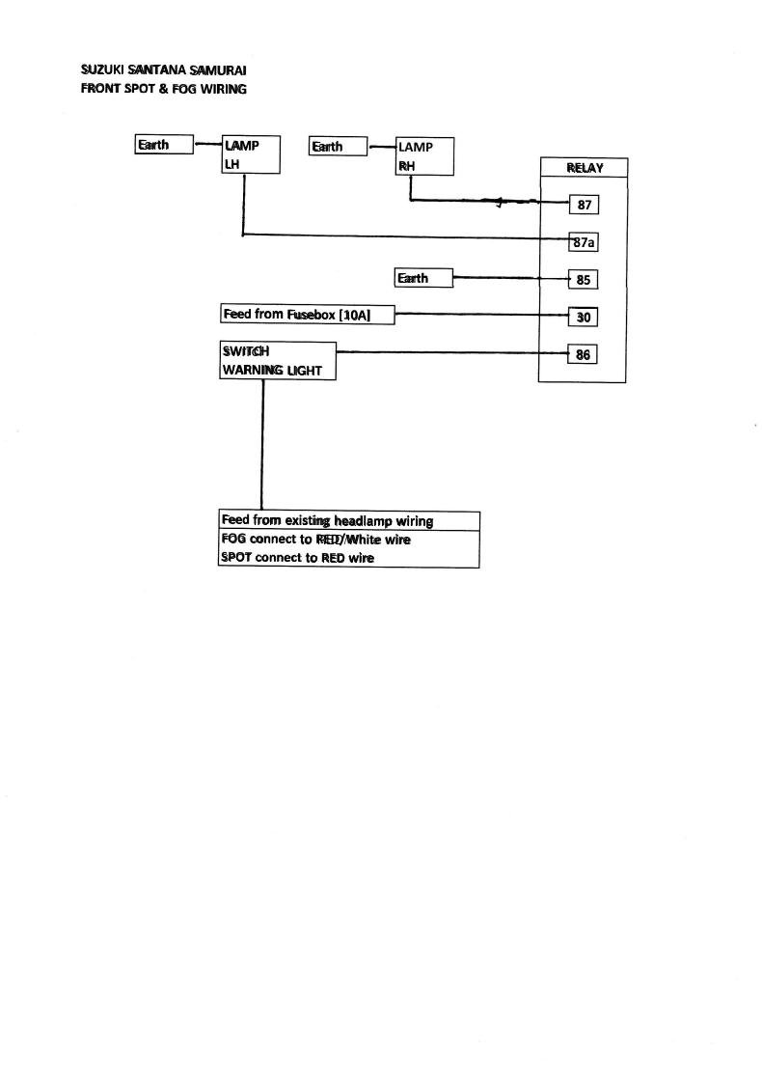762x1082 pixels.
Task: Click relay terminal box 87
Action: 584,205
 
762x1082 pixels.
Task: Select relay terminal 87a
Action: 584,242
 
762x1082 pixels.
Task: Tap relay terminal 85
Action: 583,280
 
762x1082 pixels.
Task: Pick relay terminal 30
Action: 583,317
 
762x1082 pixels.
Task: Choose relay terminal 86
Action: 583,354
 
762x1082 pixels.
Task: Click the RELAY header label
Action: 585,168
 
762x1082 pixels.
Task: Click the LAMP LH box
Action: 251,154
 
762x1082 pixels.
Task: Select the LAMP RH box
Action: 424,156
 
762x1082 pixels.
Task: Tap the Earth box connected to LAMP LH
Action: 164,144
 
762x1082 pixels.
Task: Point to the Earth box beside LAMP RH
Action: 338,147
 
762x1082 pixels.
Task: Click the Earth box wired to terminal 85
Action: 423,278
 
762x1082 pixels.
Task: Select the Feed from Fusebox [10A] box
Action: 308,315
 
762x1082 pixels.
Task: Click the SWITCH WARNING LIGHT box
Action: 278,361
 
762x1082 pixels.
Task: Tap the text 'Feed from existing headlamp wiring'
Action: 327,520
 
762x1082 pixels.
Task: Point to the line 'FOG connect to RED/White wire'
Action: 315,540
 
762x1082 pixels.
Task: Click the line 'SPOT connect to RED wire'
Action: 298,558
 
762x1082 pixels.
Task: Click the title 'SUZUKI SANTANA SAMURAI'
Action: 163,69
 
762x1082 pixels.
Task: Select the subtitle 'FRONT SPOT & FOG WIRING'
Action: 163,89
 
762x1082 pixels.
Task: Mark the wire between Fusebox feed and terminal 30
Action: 481,314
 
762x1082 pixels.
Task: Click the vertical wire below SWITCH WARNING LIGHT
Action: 262,445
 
